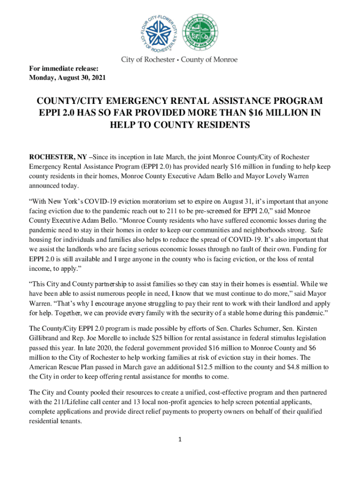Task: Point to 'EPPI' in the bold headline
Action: click(x=49, y=113)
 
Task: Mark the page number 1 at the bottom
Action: click(x=180, y=440)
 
